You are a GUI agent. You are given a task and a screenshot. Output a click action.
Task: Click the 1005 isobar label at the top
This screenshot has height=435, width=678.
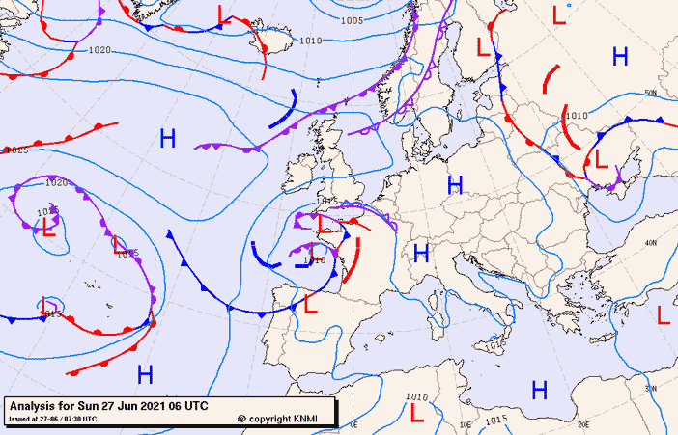[353, 20]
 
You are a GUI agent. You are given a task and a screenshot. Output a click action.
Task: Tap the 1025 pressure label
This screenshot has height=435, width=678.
[17, 150]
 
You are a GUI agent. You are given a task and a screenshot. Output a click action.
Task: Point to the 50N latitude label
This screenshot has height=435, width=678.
[651, 93]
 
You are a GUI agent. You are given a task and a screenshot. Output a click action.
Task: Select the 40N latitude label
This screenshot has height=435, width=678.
[651, 242]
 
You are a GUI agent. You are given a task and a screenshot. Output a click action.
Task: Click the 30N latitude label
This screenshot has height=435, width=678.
[651, 389]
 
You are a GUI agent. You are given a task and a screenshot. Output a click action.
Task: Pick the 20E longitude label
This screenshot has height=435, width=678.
[582, 423]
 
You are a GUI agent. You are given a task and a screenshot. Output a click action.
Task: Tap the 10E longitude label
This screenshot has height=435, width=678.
[466, 423]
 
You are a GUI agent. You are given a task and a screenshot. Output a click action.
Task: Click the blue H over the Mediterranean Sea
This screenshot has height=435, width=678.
[539, 390]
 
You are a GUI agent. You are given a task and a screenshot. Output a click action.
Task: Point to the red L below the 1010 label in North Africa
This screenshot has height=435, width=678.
[416, 412]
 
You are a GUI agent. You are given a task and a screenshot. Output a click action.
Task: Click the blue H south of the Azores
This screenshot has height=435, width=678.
[145, 374]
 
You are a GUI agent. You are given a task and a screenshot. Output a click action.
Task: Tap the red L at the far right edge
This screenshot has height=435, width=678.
[664, 314]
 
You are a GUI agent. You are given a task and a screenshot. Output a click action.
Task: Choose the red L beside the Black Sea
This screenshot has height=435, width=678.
[600, 157]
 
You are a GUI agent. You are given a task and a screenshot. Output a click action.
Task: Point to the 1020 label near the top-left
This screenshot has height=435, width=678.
[99, 50]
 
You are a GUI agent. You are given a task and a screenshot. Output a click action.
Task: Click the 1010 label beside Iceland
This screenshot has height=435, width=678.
[310, 41]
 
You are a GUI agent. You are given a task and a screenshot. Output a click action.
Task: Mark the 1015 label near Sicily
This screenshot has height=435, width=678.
[496, 344]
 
